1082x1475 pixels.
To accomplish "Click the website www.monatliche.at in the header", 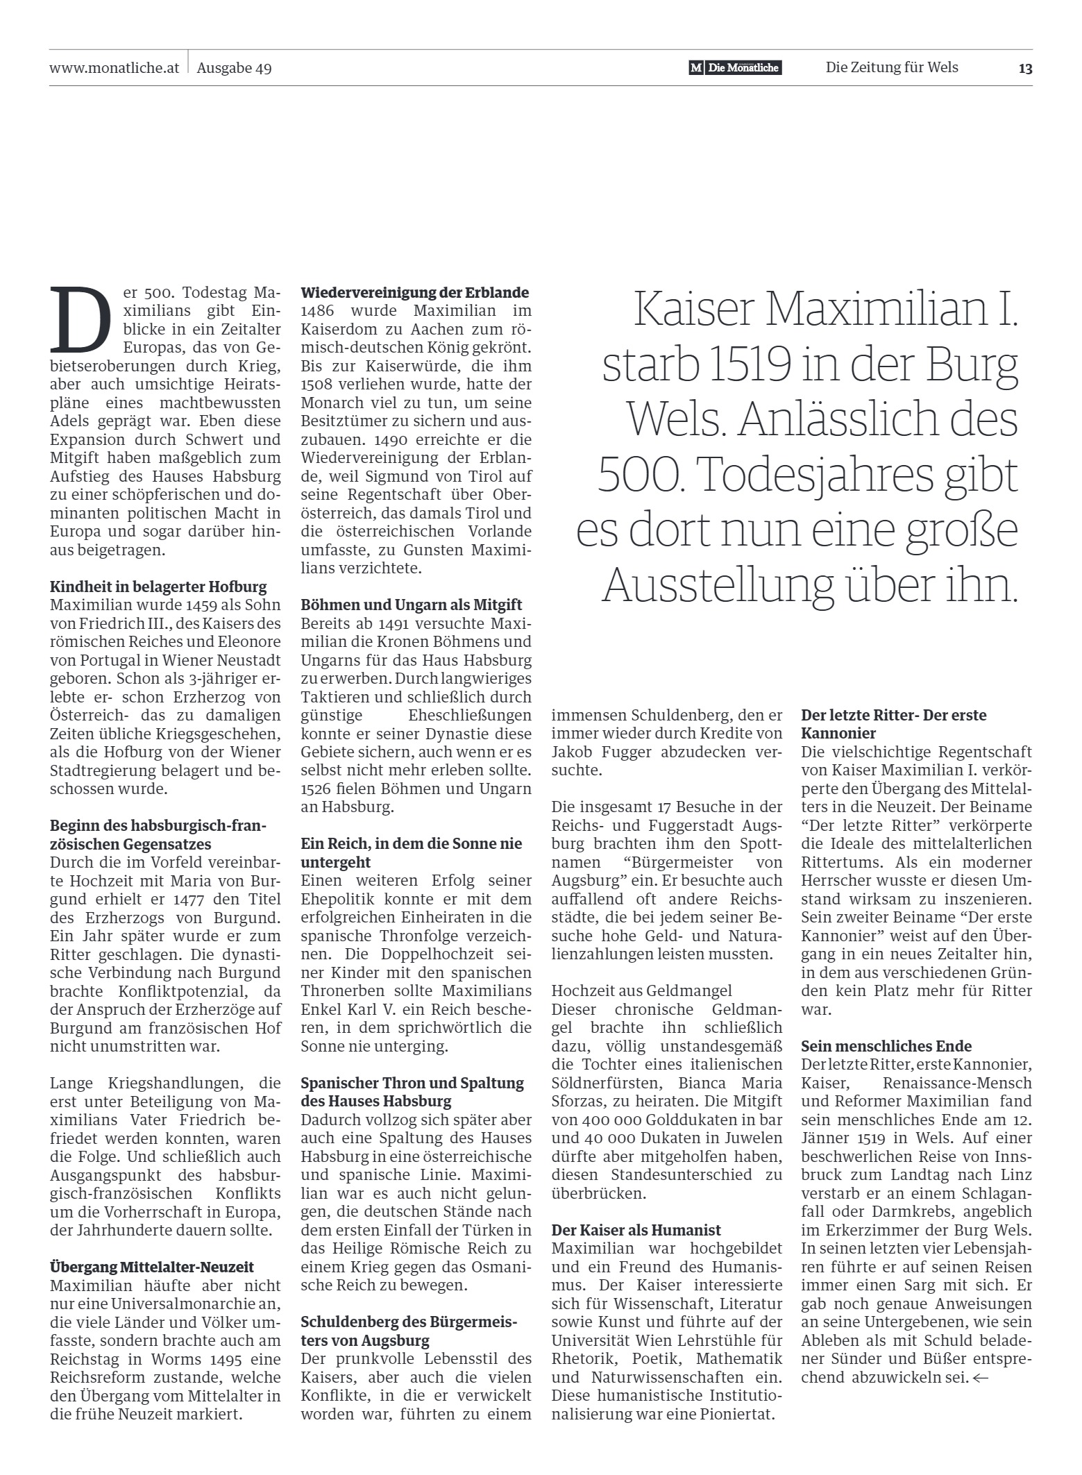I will tap(115, 68).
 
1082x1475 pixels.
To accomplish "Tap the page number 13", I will tap(1025, 68).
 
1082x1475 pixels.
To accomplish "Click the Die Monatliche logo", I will tap(735, 68).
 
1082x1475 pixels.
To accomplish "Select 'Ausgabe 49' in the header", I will tap(234, 68).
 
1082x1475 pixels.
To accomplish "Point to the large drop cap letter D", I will tap(81, 320).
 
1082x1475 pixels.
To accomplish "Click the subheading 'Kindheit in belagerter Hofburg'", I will tap(158, 587).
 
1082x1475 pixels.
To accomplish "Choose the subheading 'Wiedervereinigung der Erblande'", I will tap(415, 292).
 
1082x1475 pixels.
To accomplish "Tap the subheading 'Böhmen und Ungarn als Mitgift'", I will tap(412, 605).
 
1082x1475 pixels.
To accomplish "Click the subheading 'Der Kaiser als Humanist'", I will tap(636, 1230).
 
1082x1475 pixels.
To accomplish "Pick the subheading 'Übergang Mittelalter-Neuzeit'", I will tap(152, 1267).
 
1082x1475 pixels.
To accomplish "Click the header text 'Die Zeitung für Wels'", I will tap(891, 67).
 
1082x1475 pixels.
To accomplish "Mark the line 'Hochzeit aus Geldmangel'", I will tap(641, 991).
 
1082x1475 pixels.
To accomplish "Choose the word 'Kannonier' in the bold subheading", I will tap(838, 733).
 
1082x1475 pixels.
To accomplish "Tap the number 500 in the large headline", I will tap(637, 475).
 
